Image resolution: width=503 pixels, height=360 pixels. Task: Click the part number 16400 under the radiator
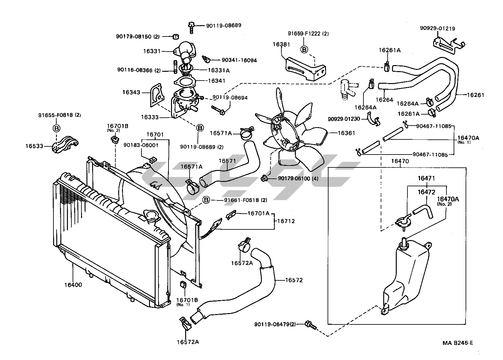pyautogui.click(x=73, y=285)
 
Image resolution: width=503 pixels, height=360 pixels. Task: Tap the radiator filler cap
pyautogui.click(x=152, y=216)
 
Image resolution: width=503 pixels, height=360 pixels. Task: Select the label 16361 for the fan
pyautogui.click(x=346, y=133)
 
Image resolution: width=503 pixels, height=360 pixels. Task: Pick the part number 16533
pyautogui.click(x=34, y=146)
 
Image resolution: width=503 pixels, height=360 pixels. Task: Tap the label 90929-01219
pyautogui.click(x=437, y=28)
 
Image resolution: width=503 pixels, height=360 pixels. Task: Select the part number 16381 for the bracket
pyautogui.click(x=281, y=44)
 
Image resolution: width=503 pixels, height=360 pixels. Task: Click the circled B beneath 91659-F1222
pyautogui.click(x=304, y=49)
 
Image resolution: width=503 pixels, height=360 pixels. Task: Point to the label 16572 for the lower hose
pyautogui.click(x=294, y=280)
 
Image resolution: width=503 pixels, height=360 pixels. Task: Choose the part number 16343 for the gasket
pyautogui.click(x=131, y=93)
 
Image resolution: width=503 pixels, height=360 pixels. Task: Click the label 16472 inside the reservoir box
pyautogui.click(x=426, y=192)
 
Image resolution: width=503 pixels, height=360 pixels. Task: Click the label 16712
pyautogui.click(x=286, y=221)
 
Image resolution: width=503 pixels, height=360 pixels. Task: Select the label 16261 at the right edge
pyautogui.click(x=476, y=95)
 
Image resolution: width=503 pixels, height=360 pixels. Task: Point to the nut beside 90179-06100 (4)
pyautogui.click(x=264, y=179)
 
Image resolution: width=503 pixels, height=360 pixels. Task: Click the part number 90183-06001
pyautogui.click(x=141, y=145)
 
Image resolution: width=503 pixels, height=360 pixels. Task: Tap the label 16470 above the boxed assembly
pyautogui.click(x=400, y=161)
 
